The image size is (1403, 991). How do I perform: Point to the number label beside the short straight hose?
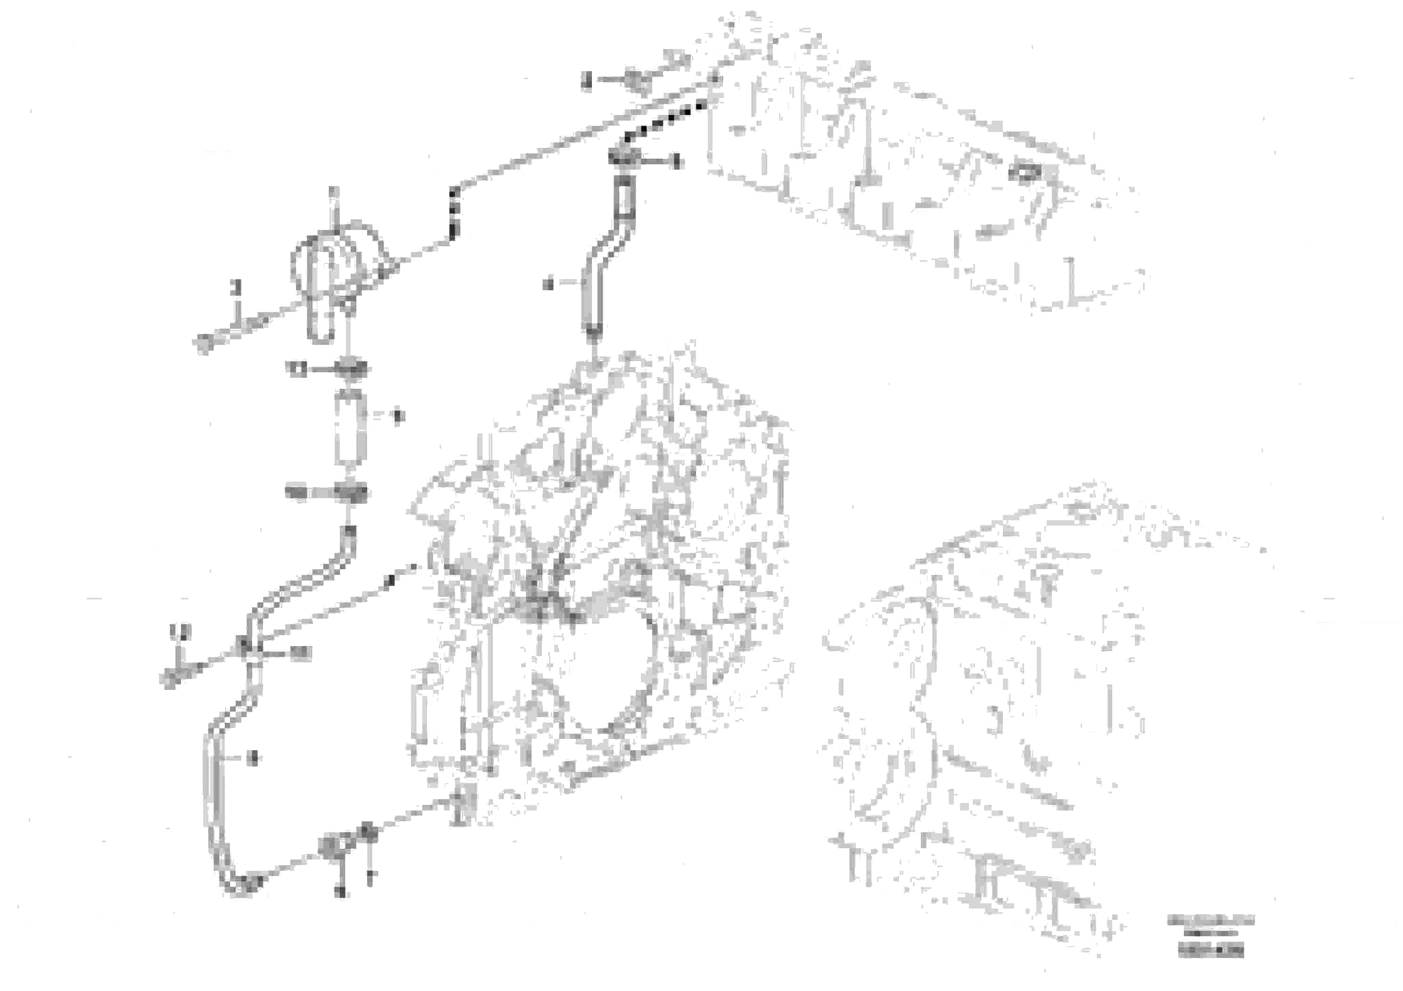(x=398, y=416)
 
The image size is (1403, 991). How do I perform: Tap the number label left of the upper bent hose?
(x=548, y=284)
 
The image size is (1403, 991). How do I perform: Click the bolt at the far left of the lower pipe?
(x=169, y=678)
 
